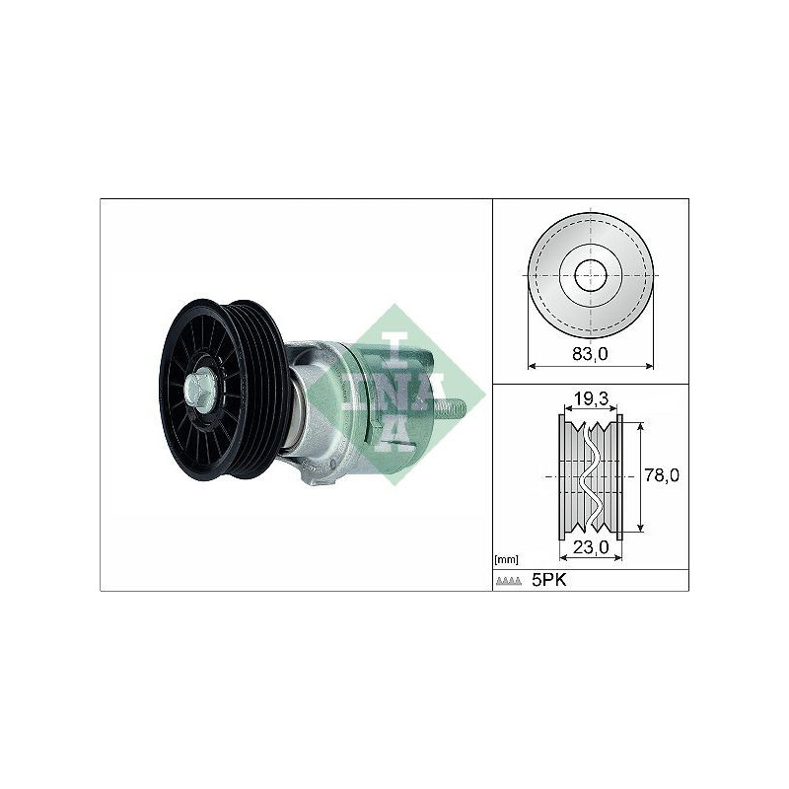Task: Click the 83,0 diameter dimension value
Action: pyautogui.click(x=590, y=354)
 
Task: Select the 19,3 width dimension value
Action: pyautogui.click(x=589, y=399)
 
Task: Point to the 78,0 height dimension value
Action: pyautogui.click(x=662, y=475)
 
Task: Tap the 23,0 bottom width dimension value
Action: pyautogui.click(x=591, y=547)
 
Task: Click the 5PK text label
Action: pyautogui.click(x=549, y=580)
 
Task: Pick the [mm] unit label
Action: pyautogui.click(x=506, y=559)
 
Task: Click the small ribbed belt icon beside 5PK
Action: pyautogui.click(x=509, y=581)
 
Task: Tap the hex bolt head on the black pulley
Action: pyautogui.click(x=200, y=390)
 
